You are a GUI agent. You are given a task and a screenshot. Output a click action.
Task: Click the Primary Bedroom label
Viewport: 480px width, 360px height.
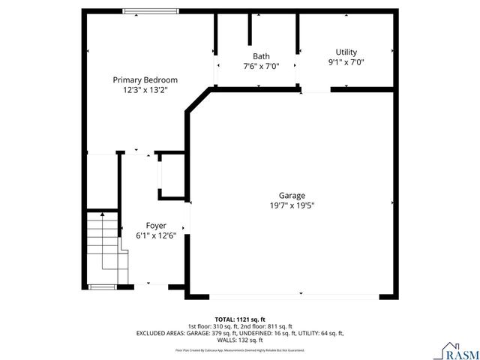145,79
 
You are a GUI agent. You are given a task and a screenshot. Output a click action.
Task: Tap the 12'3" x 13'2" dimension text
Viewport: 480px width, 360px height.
145,90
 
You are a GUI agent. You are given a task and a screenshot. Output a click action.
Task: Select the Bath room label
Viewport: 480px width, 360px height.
261,56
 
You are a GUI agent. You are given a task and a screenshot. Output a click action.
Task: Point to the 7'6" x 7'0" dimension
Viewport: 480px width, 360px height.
261,66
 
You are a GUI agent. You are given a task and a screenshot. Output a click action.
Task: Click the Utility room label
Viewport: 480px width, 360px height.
346,52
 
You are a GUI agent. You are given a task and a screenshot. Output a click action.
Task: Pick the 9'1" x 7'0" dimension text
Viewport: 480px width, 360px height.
346,62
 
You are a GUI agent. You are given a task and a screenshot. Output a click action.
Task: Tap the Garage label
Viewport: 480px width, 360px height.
292,195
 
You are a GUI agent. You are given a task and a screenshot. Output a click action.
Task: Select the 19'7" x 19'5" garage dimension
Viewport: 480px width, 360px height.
292,205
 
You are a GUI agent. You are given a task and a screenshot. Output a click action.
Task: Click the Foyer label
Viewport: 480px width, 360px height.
156,225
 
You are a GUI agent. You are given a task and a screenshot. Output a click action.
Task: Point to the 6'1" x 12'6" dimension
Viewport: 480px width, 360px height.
156,235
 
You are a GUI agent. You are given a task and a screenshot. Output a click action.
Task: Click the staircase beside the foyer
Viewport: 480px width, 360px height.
103,244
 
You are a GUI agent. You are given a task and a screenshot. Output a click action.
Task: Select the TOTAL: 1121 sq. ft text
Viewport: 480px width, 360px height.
240,319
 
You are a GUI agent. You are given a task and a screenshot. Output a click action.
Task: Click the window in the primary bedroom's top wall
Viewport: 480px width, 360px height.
151,11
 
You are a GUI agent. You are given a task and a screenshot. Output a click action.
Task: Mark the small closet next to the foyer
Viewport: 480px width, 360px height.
172,175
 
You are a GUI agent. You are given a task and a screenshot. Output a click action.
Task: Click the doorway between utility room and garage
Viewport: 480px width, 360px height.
316,90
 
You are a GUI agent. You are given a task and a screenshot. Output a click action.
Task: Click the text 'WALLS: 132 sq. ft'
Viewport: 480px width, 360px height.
240,340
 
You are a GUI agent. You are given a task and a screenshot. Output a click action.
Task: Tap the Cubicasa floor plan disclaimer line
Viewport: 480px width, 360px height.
240,349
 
